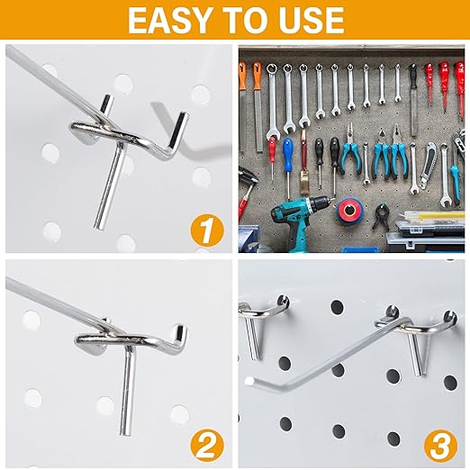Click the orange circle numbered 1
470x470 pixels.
[x=207, y=230]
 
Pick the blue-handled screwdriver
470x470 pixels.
[x=288, y=163]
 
